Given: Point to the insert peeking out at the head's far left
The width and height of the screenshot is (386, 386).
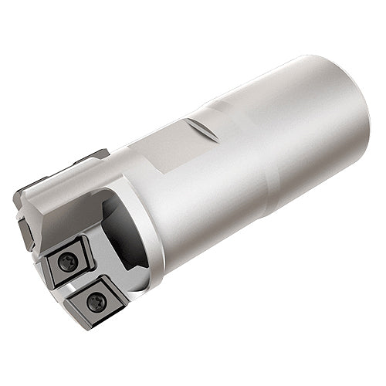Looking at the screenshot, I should coord(24,231).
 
